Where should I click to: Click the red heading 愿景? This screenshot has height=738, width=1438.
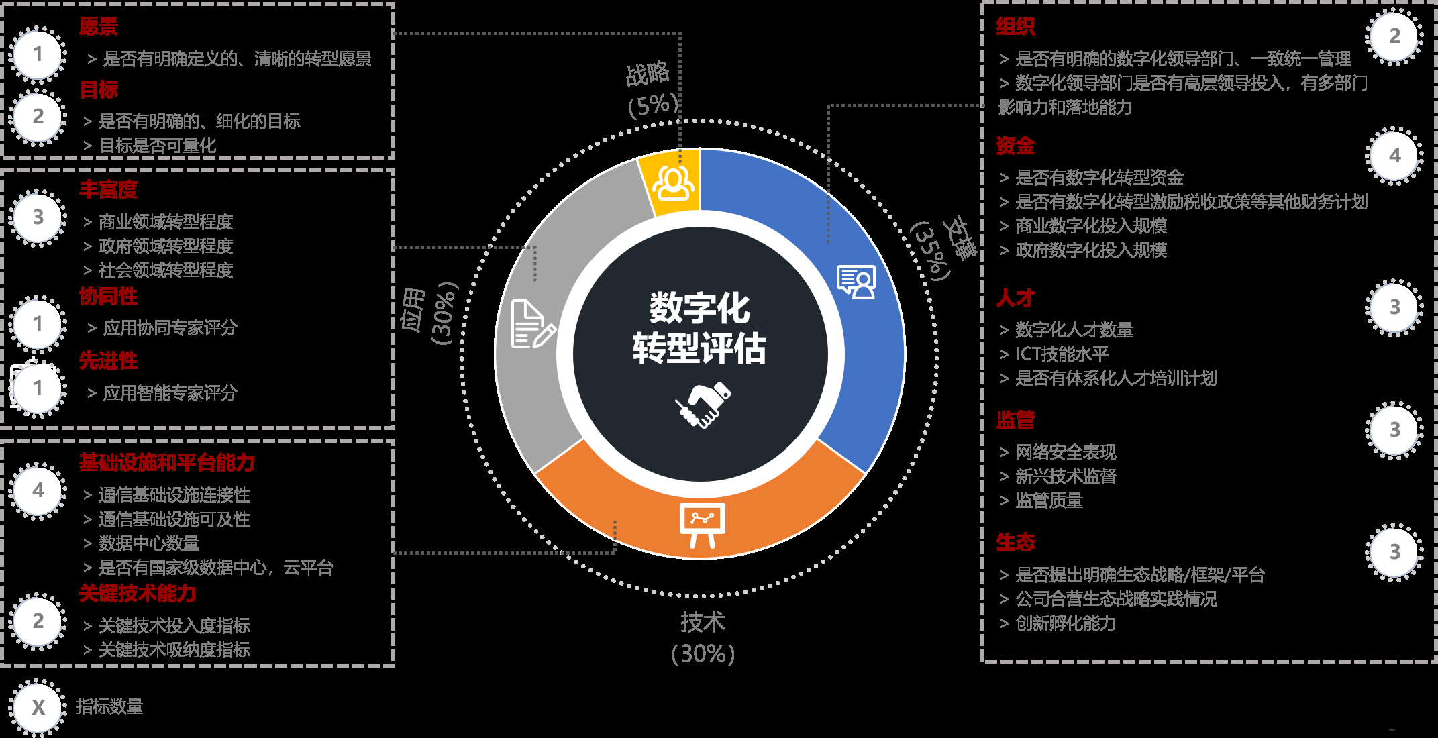tap(98, 27)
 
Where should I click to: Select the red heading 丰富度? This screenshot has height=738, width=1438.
tap(108, 190)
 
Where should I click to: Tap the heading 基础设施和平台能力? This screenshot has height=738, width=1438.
tap(166, 462)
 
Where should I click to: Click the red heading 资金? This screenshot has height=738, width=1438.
tap(1015, 146)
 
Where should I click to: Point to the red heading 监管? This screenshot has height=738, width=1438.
tap(1015, 420)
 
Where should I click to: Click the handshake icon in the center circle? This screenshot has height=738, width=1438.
tap(703, 405)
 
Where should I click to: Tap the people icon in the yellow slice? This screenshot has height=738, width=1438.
tap(673, 182)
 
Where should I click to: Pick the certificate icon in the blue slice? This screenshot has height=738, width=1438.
tap(856, 282)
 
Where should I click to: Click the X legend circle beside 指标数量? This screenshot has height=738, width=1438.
tap(38, 707)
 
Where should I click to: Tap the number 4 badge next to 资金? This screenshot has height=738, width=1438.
tap(1394, 156)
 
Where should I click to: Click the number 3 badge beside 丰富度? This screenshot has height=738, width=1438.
tap(38, 217)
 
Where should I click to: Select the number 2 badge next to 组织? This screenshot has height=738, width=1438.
tap(1394, 36)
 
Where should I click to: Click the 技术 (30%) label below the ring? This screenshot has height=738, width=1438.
tap(703, 637)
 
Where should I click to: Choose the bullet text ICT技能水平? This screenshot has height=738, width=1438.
tap(1062, 354)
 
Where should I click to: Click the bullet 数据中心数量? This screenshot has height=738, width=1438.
tap(149, 543)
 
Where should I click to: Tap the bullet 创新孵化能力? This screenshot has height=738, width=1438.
tap(1066, 623)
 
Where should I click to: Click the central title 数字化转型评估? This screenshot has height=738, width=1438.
tap(699, 329)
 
